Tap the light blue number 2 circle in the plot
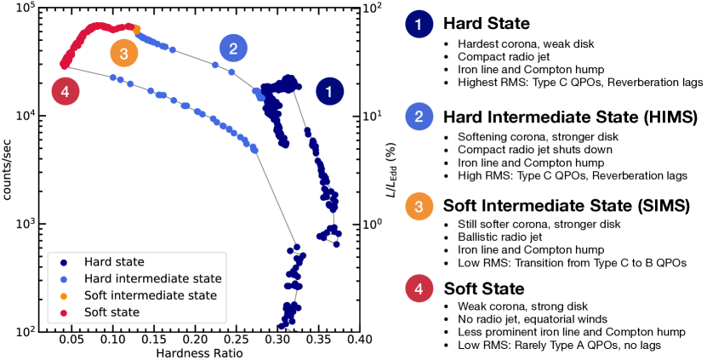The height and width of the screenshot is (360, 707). (x=231, y=49)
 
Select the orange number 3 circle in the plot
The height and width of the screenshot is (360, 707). (x=124, y=54)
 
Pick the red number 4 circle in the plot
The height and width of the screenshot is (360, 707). (x=66, y=90)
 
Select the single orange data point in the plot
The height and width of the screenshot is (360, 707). (x=137, y=29)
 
